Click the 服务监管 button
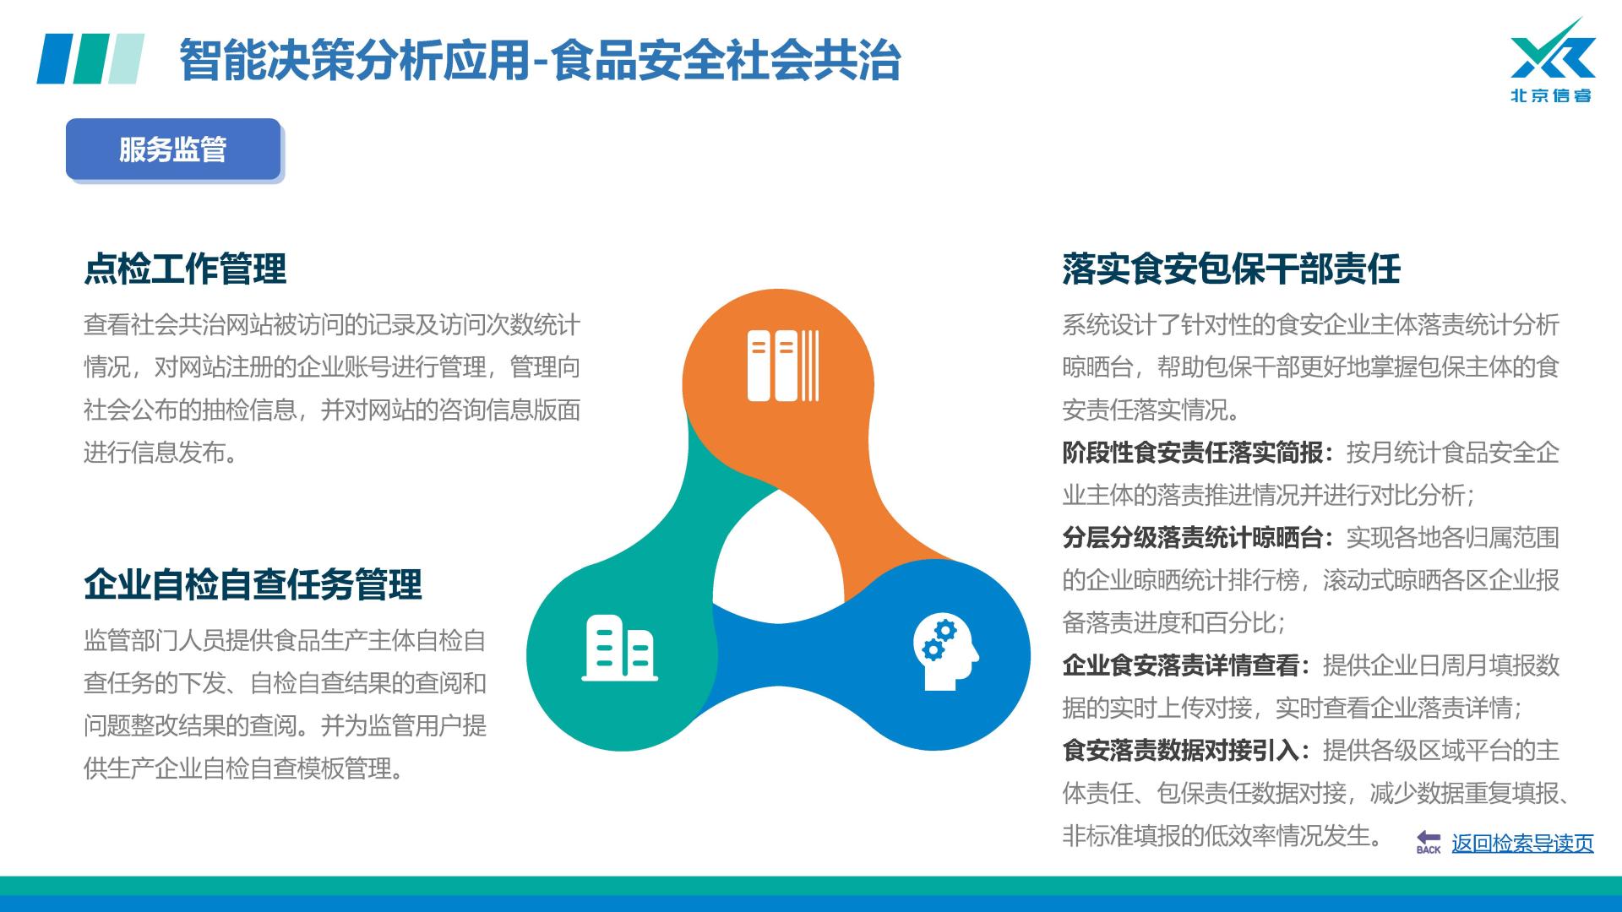click(173, 149)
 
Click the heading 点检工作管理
click(185, 269)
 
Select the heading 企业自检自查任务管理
click(253, 584)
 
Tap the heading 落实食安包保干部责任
click(1231, 269)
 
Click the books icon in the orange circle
click(783, 365)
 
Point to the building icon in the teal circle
click(620, 649)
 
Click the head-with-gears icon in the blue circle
click(945, 653)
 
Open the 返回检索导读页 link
click(1522, 844)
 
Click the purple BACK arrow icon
click(1429, 842)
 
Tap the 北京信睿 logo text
click(1551, 95)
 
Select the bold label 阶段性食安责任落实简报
click(1192, 453)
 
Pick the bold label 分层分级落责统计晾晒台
click(1192, 538)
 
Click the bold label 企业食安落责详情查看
click(1180, 665)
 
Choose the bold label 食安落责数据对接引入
click(1180, 751)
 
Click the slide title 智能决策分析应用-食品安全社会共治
click(540, 60)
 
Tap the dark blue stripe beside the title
click(53, 58)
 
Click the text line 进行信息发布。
click(161, 453)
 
